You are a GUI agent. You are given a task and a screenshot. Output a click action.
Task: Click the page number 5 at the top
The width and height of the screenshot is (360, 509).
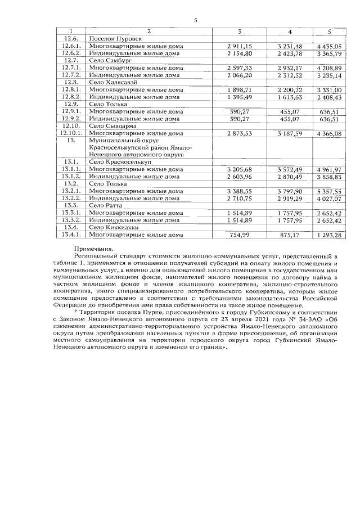195,20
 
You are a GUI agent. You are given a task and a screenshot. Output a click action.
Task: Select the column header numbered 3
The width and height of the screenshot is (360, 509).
240,29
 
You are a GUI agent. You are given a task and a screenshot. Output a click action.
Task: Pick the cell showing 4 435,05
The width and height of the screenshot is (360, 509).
329,45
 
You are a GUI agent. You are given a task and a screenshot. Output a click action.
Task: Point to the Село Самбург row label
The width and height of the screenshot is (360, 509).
110,60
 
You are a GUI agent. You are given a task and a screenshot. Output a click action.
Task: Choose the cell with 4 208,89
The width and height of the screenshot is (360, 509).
329,67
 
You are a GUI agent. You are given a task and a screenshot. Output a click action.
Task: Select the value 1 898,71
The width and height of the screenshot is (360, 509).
240,89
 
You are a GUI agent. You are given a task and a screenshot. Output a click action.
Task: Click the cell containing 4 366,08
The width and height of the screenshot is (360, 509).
329,134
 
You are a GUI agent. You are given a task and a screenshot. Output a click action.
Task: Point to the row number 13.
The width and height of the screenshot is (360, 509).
71,140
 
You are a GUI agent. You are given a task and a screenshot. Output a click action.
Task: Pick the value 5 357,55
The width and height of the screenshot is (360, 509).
329,191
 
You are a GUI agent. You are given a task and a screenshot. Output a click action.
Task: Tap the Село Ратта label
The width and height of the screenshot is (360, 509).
106,206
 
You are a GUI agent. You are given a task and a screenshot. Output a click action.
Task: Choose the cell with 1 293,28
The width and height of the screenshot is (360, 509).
329,235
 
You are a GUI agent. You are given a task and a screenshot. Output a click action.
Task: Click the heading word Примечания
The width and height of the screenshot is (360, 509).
93,248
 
